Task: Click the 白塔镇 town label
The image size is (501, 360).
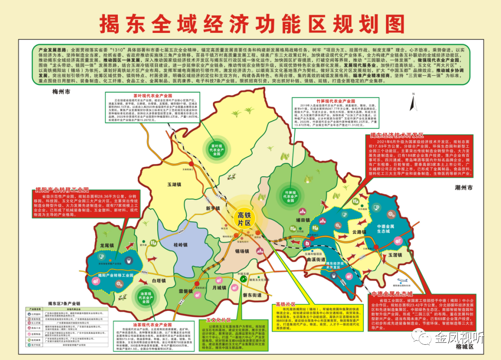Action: click(159, 281)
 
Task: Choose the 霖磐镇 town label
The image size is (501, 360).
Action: click(186, 291)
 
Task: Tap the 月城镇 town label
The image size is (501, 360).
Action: click(220, 288)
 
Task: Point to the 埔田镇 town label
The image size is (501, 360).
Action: click(302, 220)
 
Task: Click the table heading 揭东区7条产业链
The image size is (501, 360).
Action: click(61, 303)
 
